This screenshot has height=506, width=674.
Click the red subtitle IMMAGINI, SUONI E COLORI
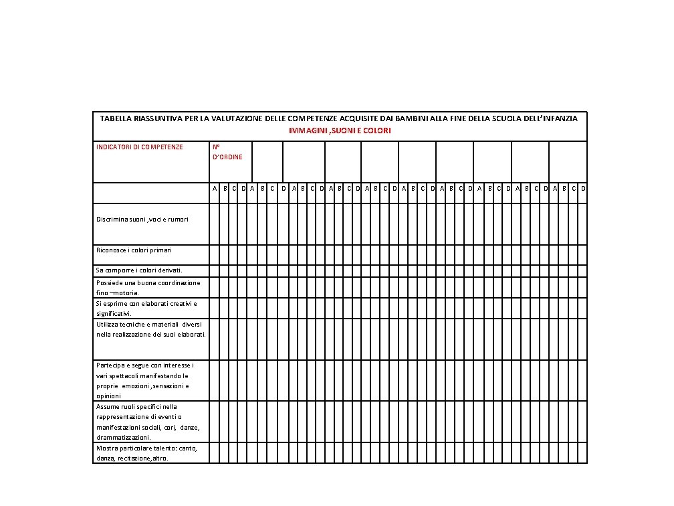click(x=340, y=131)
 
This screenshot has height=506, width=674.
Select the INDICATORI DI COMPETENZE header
click(x=139, y=147)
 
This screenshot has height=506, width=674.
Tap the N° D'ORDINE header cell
click(x=227, y=152)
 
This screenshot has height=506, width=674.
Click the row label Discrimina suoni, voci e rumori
click(x=142, y=219)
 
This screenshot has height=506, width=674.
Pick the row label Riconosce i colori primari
click(x=134, y=250)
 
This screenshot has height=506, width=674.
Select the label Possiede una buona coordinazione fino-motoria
click(x=148, y=288)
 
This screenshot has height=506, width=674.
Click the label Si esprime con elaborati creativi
click(x=146, y=309)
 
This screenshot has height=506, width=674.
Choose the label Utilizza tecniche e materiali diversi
click(x=150, y=329)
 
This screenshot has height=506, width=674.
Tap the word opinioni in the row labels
click(x=108, y=396)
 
